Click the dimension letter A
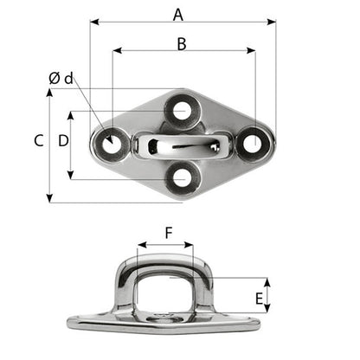pyautogui.click(x=178, y=13)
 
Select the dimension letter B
pyautogui.click(x=182, y=43)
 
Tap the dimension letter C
pyautogui.click(x=38, y=141)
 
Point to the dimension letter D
pyautogui.click(x=62, y=140)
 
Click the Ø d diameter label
pyautogui.click(x=61, y=79)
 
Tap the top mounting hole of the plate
pyautogui.click(x=181, y=110)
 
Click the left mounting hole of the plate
pyautogui.click(x=110, y=144)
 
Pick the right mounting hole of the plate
pyautogui.click(x=253, y=143)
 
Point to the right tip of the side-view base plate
pyautogui.click(x=259, y=321)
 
